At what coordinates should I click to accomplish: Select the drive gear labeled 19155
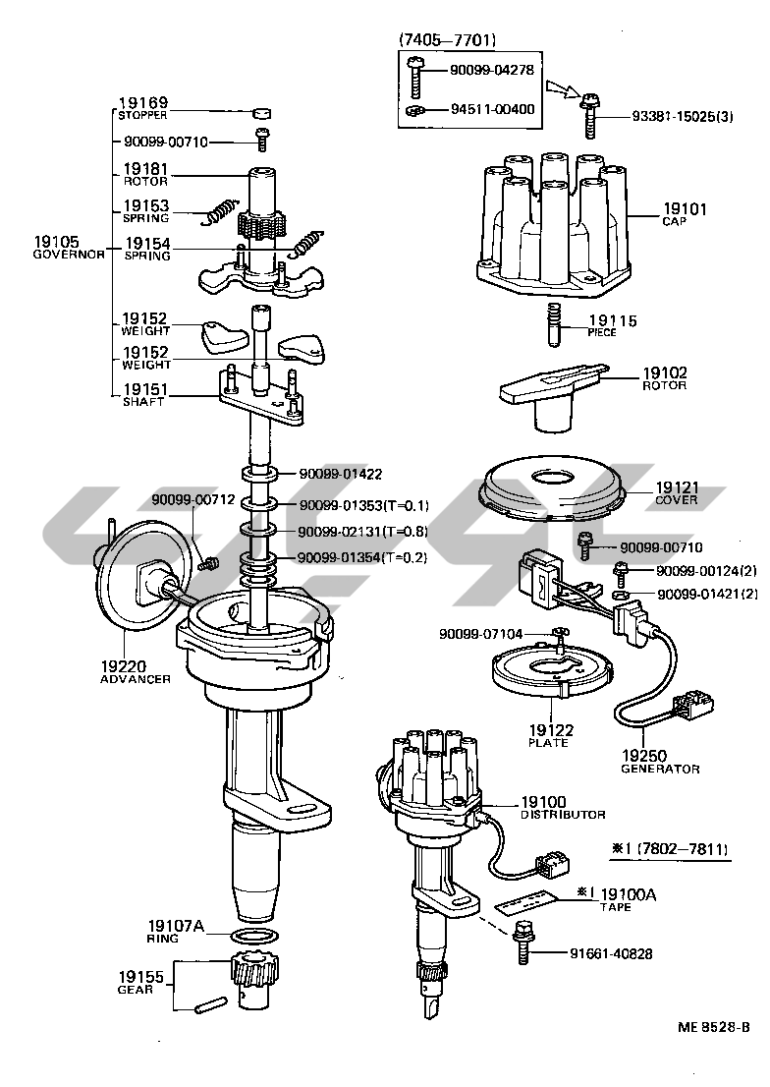tap(252, 978)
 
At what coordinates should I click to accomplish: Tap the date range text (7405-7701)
tap(447, 40)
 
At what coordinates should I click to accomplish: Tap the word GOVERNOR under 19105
tap(68, 254)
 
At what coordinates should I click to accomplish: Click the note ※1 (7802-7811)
tap(669, 848)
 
